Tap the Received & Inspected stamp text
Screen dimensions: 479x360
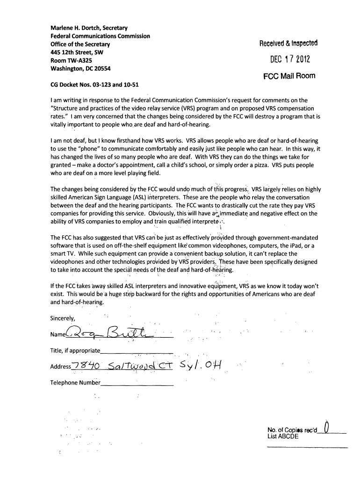(288, 44)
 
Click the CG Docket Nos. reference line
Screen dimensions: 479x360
(94, 85)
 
